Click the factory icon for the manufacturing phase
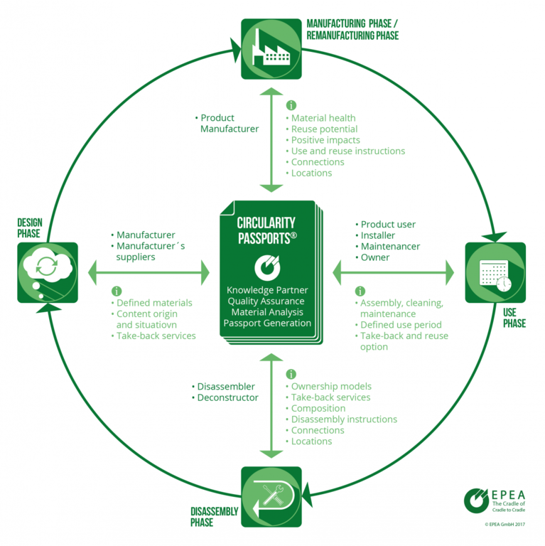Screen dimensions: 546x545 click(x=271, y=48)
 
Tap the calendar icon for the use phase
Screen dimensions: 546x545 click(x=494, y=274)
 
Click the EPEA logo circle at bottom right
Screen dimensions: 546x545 click(x=475, y=500)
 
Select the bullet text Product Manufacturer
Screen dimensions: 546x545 click(x=227, y=123)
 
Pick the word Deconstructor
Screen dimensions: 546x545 click(x=227, y=397)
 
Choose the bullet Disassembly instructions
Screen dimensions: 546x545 click(x=343, y=419)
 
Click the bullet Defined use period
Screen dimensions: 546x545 click(x=399, y=325)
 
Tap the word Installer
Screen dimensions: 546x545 click(x=377, y=235)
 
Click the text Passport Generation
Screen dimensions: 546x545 click(x=267, y=323)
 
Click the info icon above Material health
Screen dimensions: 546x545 click(x=291, y=105)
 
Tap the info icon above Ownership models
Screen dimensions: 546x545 click(x=291, y=374)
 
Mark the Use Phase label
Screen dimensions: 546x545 click(x=514, y=318)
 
